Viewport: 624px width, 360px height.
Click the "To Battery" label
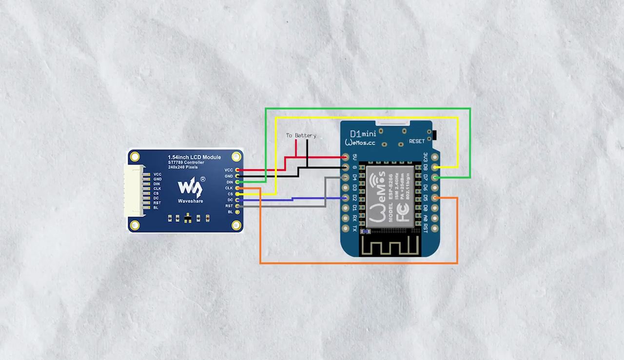(301, 135)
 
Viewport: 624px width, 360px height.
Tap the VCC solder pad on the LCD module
(237, 170)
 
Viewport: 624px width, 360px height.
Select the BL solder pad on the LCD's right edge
(237, 212)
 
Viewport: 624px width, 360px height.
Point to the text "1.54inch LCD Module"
(194, 157)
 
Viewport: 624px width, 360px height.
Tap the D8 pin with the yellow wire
(434, 167)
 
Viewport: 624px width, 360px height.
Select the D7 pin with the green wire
(434, 178)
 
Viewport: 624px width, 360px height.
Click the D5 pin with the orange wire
(434, 198)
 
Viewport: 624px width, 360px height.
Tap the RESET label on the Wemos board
(417, 141)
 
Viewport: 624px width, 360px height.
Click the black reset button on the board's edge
(434, 135)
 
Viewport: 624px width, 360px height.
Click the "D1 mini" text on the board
(364, 134)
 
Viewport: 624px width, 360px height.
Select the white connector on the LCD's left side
(134, 190)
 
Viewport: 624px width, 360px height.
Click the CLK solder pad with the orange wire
(237, 188)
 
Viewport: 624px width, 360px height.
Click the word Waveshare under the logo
(190, 201)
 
